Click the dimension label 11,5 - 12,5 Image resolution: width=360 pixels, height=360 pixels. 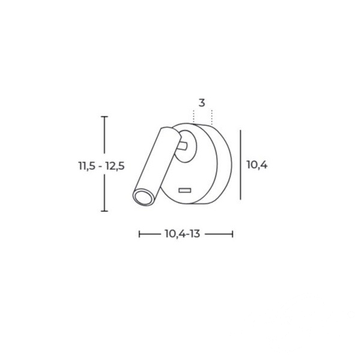[x=101, y=166]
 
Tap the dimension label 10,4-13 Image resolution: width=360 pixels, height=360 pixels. [x=182, y=234]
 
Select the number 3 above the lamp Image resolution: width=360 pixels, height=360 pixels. [x=202, y=103]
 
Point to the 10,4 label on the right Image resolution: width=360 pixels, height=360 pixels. [x=257, y=165]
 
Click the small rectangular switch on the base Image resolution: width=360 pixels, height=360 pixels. [x=185, y=190]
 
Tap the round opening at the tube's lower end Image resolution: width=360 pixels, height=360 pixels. [x=143, y=197]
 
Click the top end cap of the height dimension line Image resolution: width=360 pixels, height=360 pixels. [x=104, y=116]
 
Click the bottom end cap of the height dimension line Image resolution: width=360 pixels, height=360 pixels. [x=104, y=211]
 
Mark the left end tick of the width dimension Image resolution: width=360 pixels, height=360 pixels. [x=139, y=234]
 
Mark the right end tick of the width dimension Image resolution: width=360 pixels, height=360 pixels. [x=233, y=234]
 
